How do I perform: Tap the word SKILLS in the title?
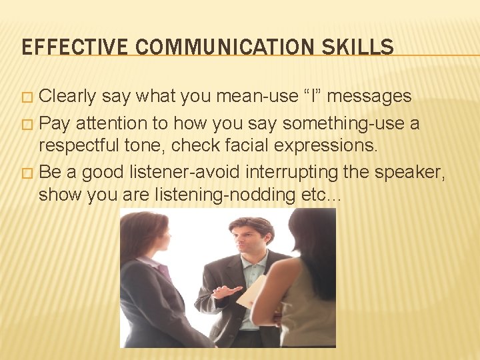pos(361,47)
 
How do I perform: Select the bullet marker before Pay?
pos(26,124)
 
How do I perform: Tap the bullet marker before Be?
pos(26,173)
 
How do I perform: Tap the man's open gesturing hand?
pos(224,291)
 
